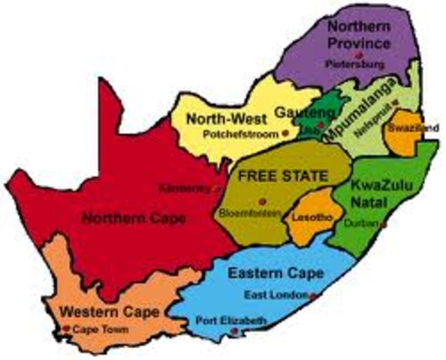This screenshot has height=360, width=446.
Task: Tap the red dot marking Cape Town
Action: (x=67, y=328)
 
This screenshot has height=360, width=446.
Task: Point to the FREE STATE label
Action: (x=283, y=177)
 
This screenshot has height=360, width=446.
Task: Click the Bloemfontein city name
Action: (x=250, y=214)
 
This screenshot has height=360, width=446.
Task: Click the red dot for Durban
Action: (x=383, y=223)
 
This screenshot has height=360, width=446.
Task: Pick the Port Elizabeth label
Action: (x=230, y=321)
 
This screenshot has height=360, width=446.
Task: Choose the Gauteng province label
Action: (x=297, y=111)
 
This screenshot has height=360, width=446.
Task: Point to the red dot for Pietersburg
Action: (x=360, y=55)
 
